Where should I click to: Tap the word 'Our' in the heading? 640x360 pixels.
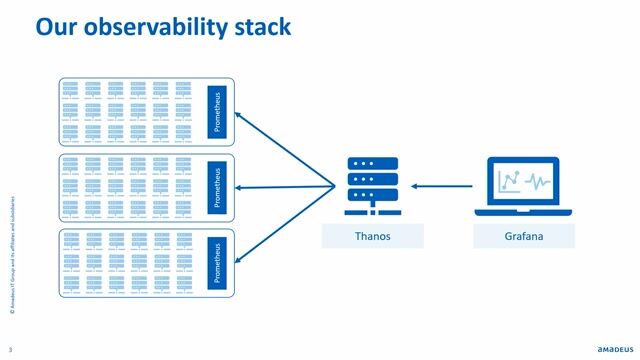coord(58,27)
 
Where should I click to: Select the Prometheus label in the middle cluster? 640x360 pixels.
coord(219,186)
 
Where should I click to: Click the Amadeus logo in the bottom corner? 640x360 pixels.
coord(605,348)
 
